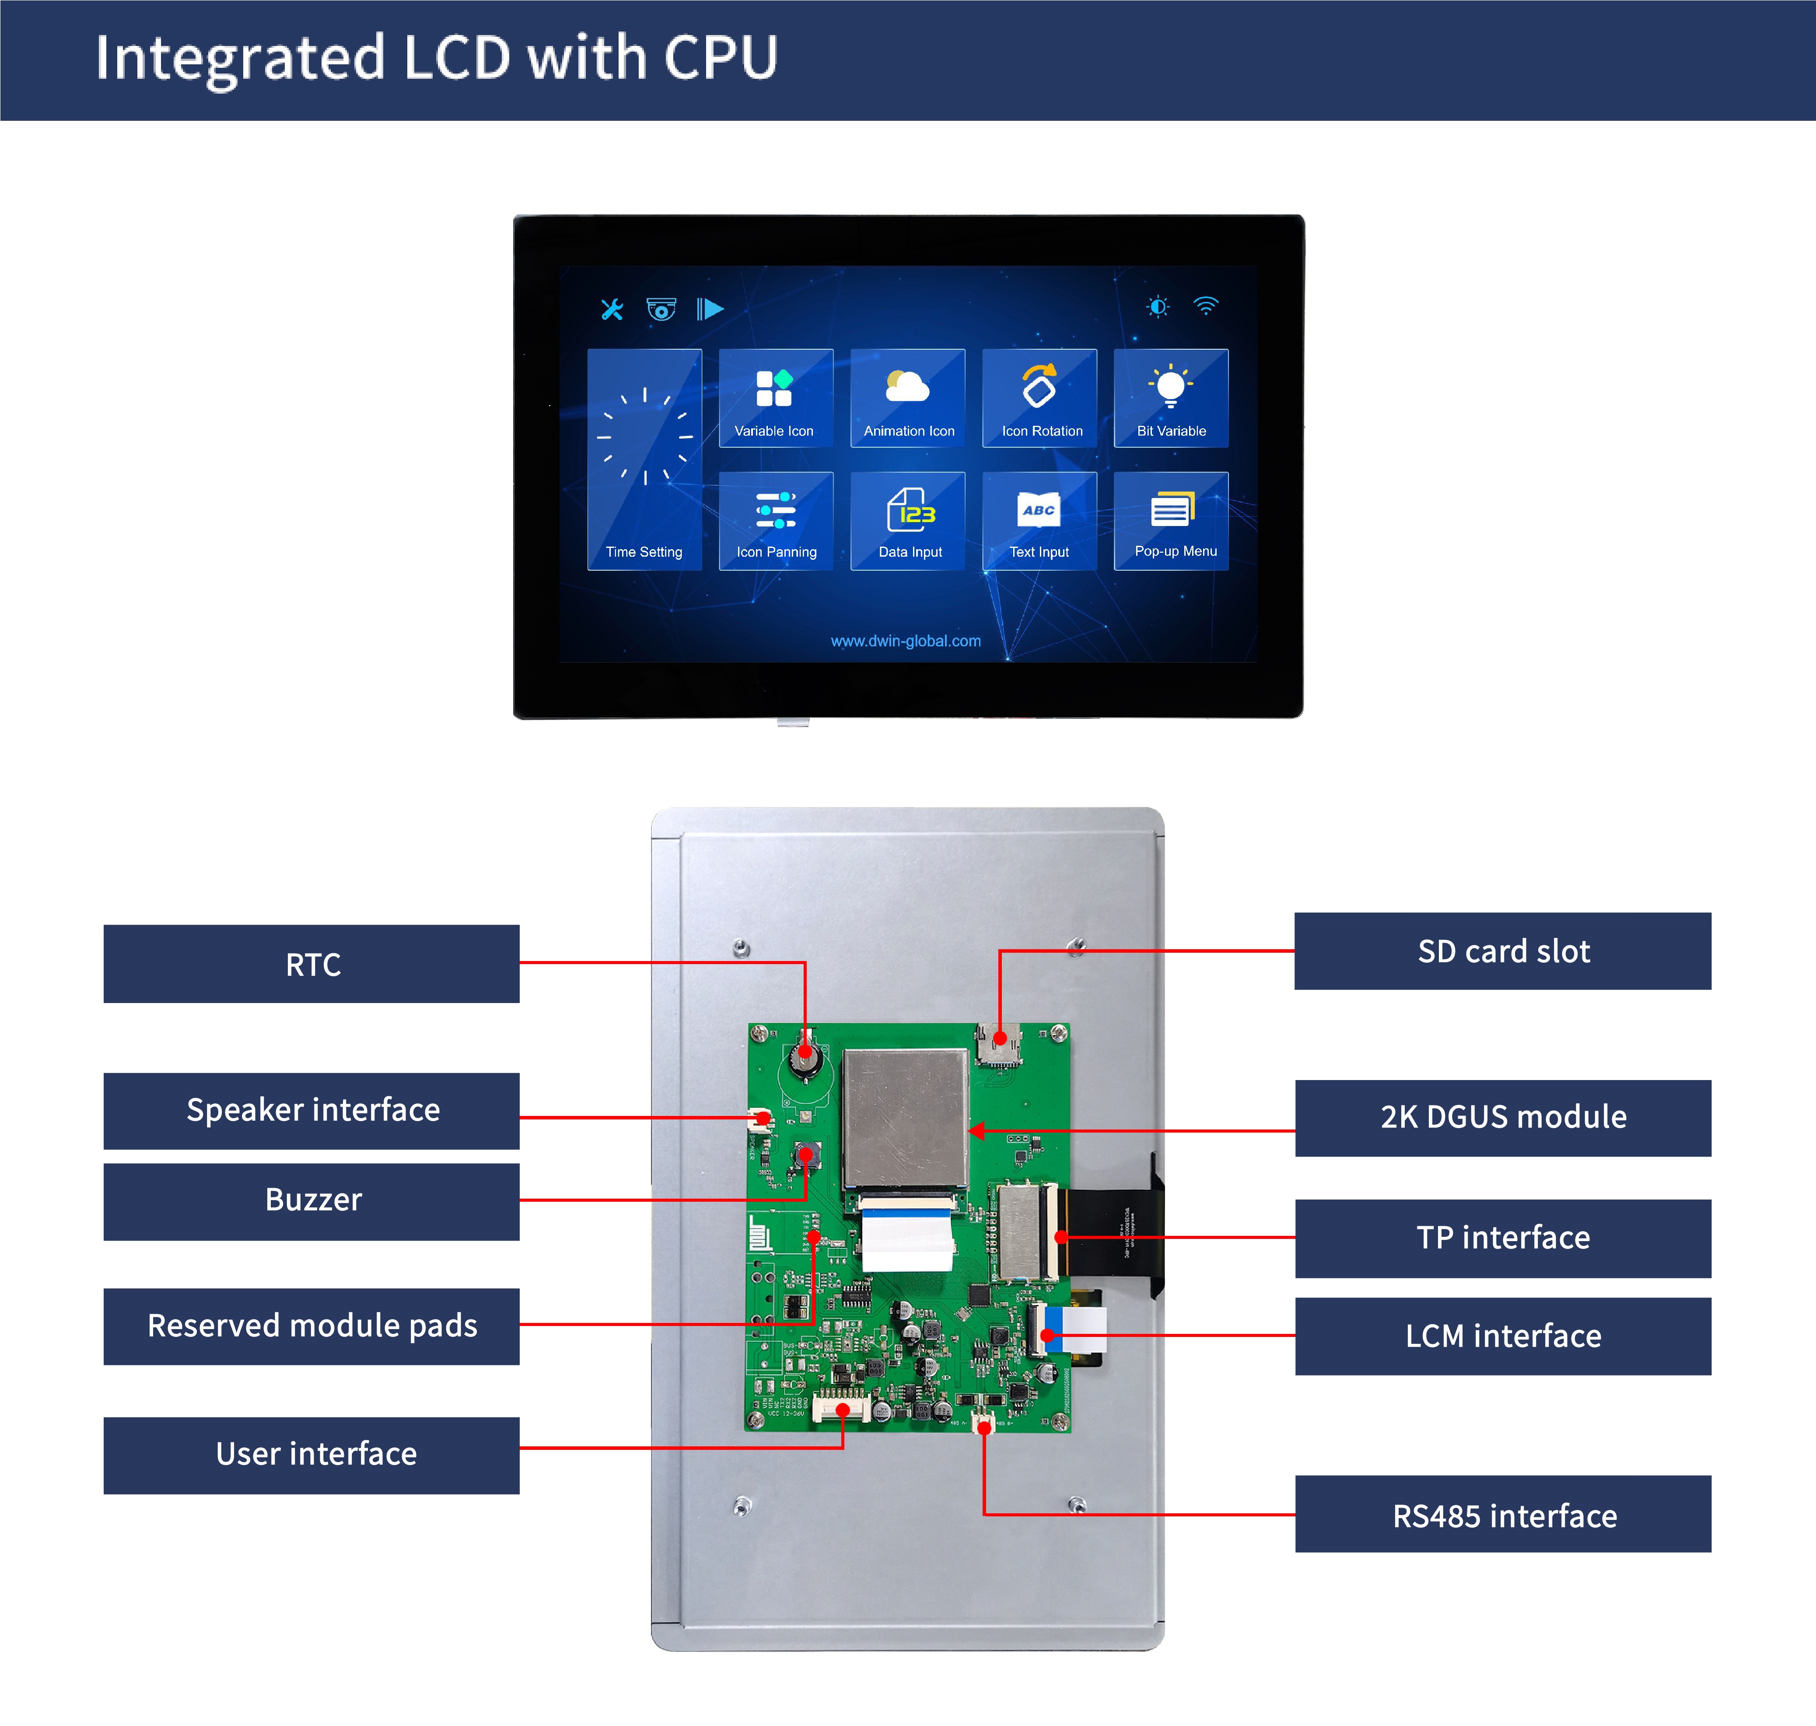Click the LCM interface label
(1502, 1336)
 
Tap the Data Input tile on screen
(908, 521)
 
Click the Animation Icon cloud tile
(908, 397)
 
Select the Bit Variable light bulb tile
(1170, 397)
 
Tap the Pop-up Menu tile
(1170, 521)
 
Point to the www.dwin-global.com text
(905, 641)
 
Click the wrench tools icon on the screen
(612, 309)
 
